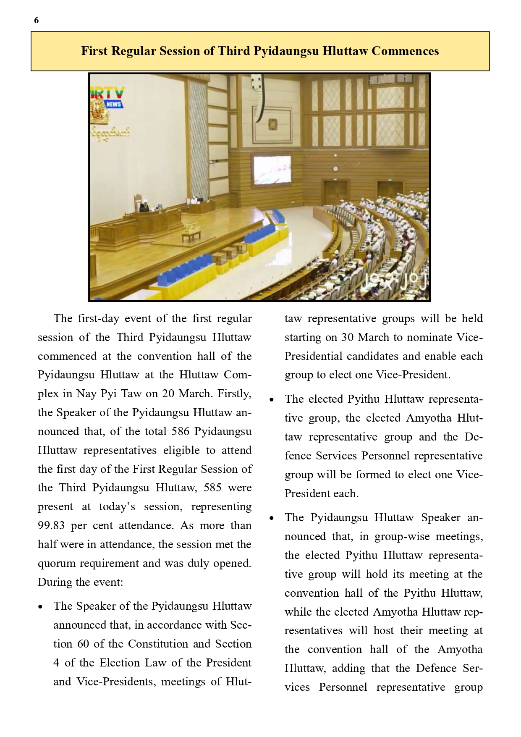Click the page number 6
click(x=36, y=20)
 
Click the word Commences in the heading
click(x=405, y=51)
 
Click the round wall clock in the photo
click(x=335, y=169)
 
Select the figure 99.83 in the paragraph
click(x=52, y=525)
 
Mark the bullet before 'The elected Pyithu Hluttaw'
click(x=272, y=400)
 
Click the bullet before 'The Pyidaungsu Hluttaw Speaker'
click(x=272, y=518)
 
